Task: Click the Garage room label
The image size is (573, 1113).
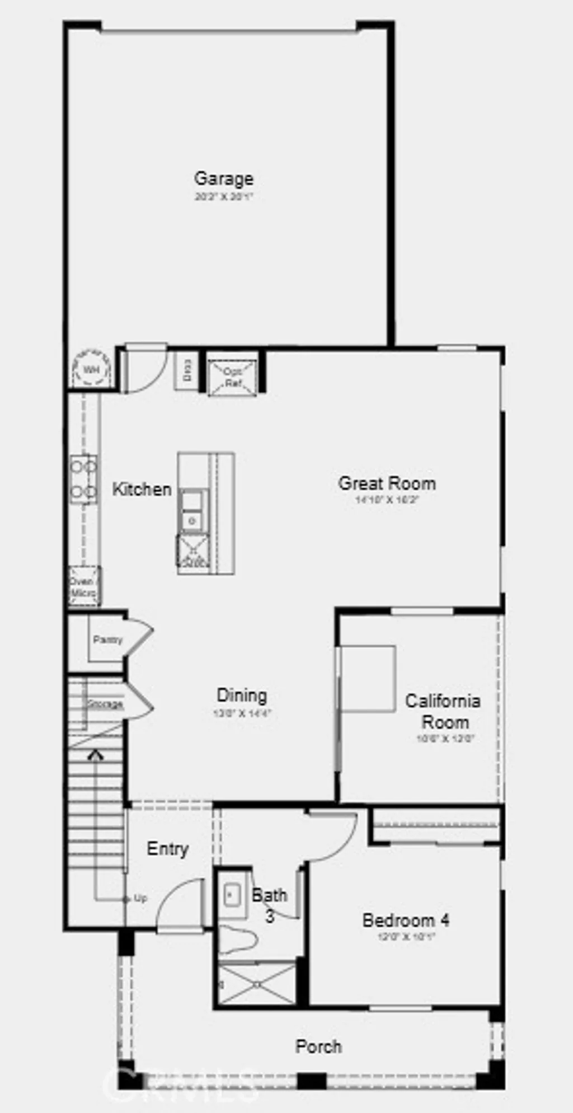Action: pos(223,179)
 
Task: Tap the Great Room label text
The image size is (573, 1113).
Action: pos(387,483)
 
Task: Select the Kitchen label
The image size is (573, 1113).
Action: pos(142,489)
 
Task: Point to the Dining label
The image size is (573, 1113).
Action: pos(242,696)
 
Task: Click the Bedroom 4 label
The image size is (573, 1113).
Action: pos(406,921)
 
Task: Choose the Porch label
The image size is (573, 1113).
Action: pos(318,1046)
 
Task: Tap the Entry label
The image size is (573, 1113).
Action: pos(167,849)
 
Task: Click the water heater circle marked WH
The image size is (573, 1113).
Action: pos(90,370)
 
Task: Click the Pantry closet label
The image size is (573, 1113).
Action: pos(107,640)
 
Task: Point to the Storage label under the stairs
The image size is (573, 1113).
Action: pos(105,704)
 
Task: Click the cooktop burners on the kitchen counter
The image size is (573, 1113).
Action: pos(83,478)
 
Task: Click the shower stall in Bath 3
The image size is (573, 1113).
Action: pos(257,983)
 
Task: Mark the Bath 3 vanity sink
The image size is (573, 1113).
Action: pos(232,895)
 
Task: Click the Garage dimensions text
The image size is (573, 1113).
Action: pos(223,197)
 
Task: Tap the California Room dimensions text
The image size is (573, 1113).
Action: pos(445,739)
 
